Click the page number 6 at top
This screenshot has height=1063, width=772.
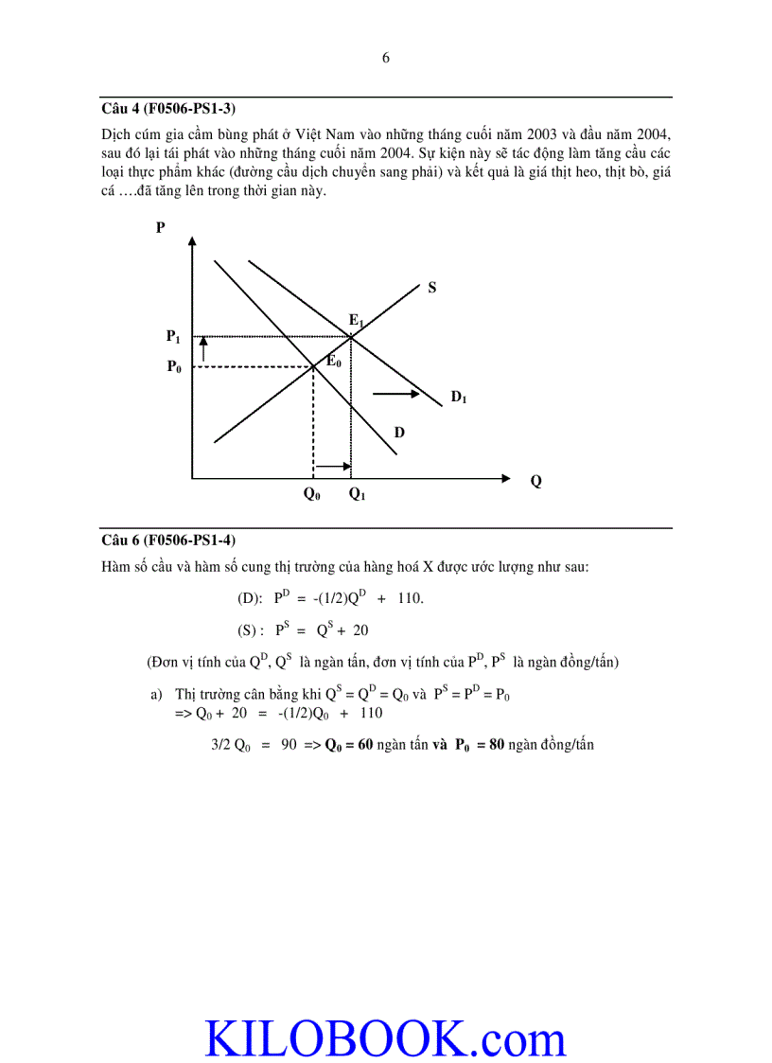click(x=385, y=58)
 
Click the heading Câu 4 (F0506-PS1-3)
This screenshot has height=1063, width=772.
click(x=168, y=108)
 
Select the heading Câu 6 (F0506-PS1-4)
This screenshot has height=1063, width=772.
click(x=168, y=540)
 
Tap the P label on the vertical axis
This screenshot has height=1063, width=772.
click(x=160, y=228)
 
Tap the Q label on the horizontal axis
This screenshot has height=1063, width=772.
click(x=536, y=481)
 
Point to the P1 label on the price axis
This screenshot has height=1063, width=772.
click(x=173, y=336)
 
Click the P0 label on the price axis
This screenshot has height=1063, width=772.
click(x=174, y=367)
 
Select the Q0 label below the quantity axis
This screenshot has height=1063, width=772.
click(x=311, y=494)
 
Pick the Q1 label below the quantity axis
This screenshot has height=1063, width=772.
click(x=357, y=494)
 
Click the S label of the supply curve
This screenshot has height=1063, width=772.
click(x=431, y=287)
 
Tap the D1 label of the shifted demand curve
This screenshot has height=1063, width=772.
click(x=458, y=398)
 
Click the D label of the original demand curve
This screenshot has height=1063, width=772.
click(x=399, y=433)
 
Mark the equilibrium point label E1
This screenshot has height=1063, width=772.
click(x=356, y=321)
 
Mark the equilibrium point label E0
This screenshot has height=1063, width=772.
click(x=333, y=361)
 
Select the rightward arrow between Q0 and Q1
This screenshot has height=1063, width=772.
click(x=332, y=466)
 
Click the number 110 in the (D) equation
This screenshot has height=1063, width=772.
click(x=410, y=598)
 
